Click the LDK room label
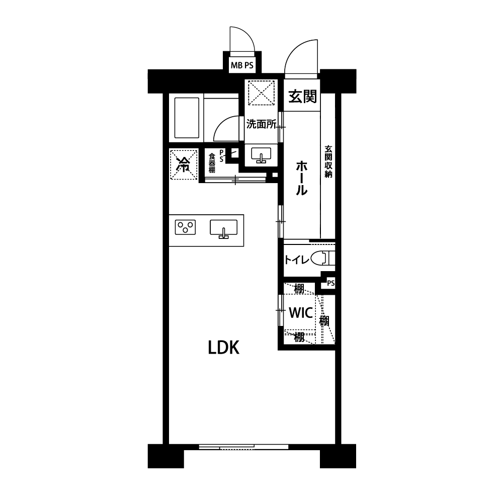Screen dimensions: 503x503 (x=224, y=348)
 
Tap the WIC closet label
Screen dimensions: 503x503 (x=301, y=313)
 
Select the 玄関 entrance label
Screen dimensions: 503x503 (x=302, y=96)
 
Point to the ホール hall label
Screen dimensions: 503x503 (x=301, y=179)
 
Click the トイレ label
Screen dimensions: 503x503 (x=297, y=260)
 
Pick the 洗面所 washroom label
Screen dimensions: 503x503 (x=261, y=124)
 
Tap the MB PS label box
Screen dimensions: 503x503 (x=242, y=65)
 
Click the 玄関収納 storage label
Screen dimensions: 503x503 (x=328, y=161)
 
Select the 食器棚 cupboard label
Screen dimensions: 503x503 (x=212, y=163)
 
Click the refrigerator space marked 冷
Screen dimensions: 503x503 (x=183, y=164)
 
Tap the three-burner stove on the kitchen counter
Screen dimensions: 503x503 (x=186, y=227)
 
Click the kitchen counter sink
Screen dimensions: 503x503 (x=224, y=229)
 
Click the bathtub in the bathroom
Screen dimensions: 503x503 (x=187, y=118)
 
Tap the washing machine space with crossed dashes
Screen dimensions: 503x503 (x=262, y=93)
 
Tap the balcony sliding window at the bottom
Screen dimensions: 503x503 (x=243, y=446)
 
